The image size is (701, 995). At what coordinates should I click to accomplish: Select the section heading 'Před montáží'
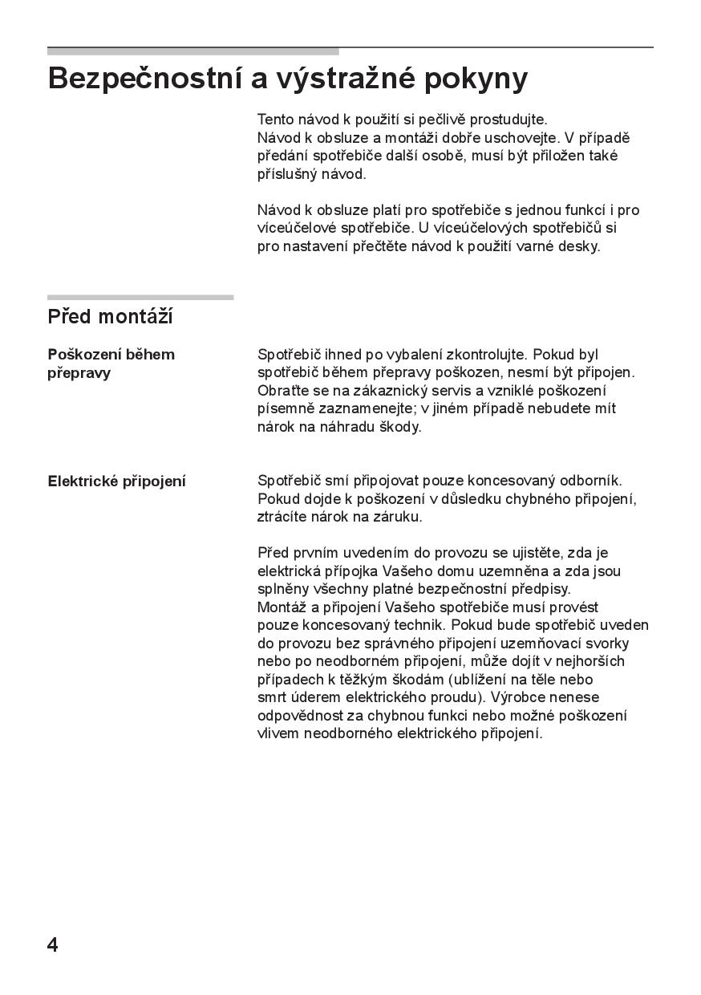tap(110, 317)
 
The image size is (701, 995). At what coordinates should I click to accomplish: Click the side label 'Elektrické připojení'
tap(116, 481)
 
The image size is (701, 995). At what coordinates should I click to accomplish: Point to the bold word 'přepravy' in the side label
tap(79, 373)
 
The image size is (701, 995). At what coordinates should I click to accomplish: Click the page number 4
tap(53, 944)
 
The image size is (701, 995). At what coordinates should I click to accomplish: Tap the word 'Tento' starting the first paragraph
tap(275, 120)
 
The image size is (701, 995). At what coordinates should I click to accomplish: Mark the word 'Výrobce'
tap(516, 697)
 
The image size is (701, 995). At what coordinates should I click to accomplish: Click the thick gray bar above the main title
tap(192, 51)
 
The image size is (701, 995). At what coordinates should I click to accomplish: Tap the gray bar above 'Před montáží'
tap(140, 297)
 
